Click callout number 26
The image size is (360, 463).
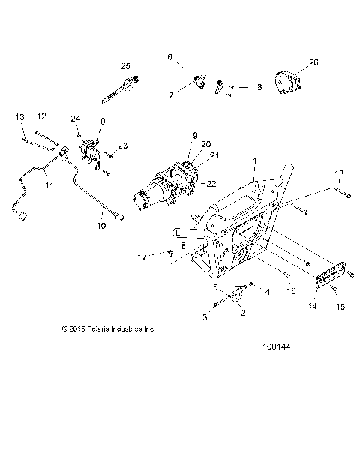point(313,62)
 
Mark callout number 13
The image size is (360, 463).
point(19,116)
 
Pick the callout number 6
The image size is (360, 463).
point(169,57)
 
